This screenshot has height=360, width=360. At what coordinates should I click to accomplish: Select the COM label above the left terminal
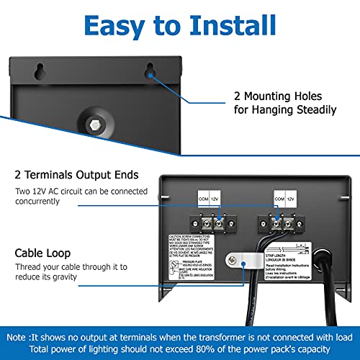[204, 196]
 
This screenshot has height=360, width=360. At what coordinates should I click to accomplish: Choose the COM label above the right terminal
[278, 196]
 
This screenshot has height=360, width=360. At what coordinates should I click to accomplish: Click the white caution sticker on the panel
[195, 263]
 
